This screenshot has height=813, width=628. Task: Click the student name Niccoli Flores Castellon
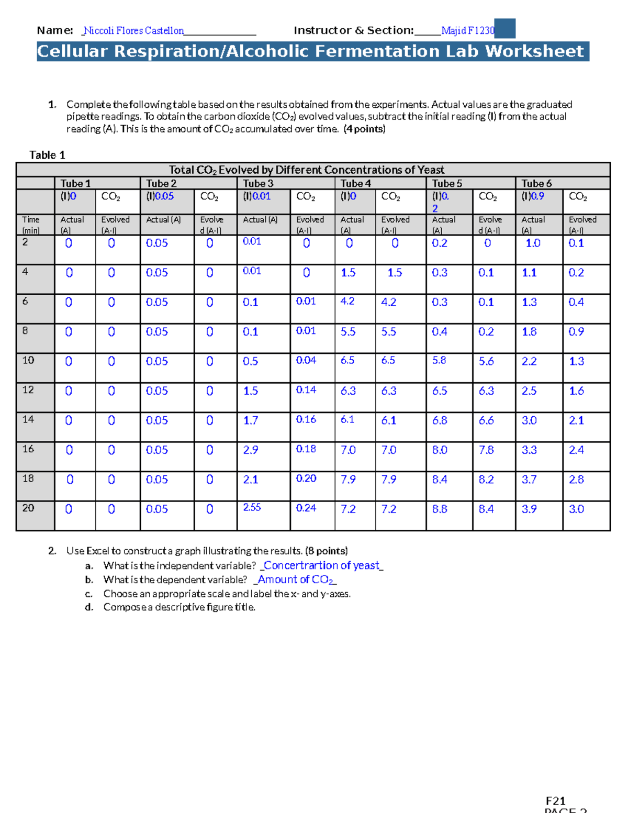tap(134, 30)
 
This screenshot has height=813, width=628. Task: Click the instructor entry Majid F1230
tap(467, 30)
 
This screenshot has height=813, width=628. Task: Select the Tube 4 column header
tap(356, 183)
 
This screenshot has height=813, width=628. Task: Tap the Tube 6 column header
tap(536, 183)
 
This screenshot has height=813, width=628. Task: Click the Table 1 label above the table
tap(47, 155)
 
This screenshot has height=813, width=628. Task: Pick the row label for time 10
tap(28, 360)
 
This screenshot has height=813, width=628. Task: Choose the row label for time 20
tap(28, 508)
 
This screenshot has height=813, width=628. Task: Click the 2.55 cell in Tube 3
tap(252, 507)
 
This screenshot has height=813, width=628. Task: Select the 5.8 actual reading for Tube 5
tap(439, 360)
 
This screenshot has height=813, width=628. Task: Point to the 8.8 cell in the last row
tap(440, 509)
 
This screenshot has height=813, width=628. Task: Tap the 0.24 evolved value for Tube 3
tap(306, 508)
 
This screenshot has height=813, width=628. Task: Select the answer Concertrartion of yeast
tap(322, 565)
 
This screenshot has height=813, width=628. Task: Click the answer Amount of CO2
tap(296, 580)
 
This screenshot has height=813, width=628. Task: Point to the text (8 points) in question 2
tap(326, 551)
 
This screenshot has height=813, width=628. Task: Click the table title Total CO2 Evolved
tap(306, 170)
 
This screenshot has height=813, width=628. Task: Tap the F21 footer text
tap(555, 801)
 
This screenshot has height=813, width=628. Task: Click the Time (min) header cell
tap(31, 225)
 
